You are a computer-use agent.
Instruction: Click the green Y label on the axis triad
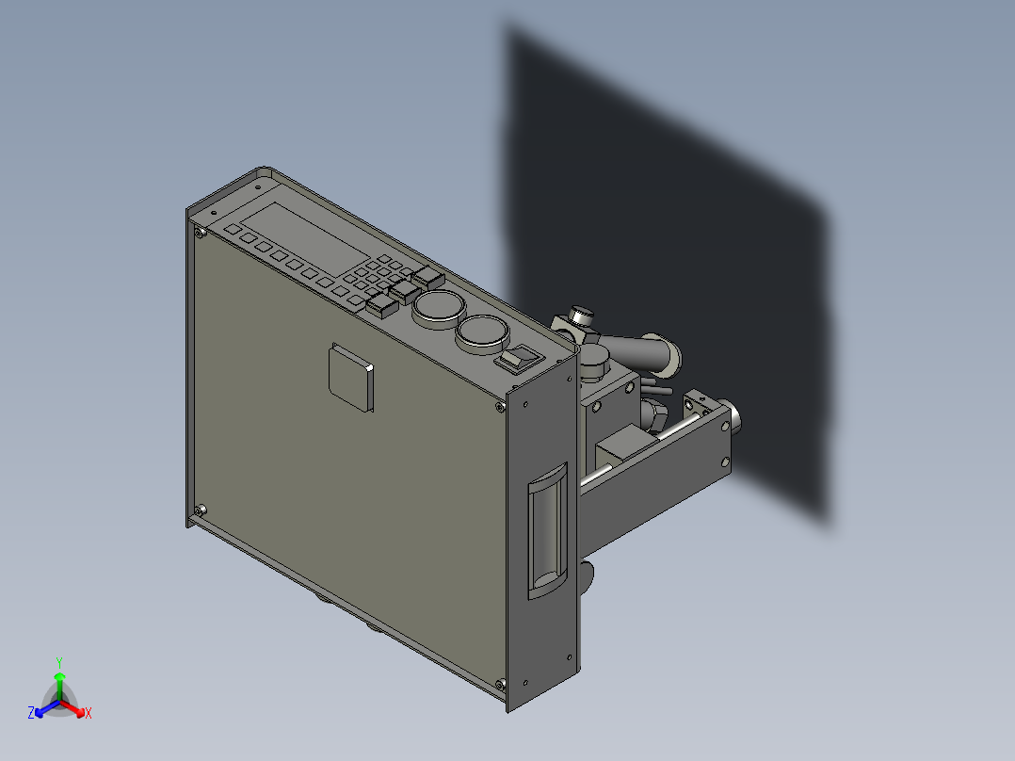59,661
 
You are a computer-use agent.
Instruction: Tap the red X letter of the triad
89,713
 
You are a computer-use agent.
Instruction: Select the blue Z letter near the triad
31,713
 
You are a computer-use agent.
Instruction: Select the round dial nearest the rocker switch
482,332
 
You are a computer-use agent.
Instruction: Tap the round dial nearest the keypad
438,307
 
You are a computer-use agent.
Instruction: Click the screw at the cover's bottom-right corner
500,683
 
